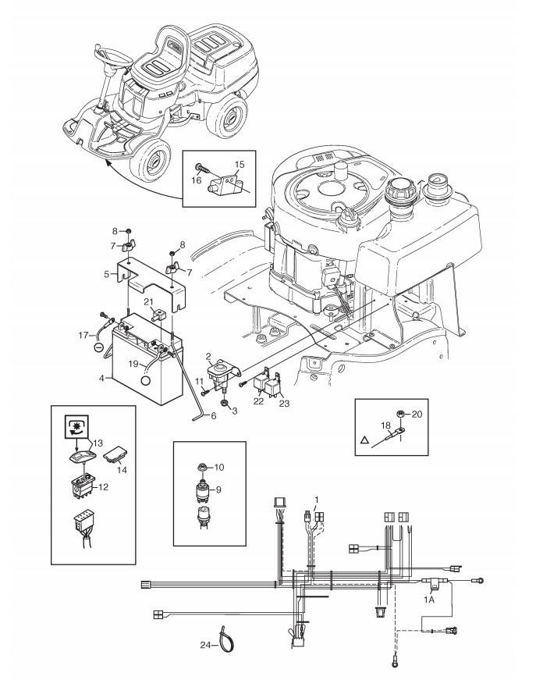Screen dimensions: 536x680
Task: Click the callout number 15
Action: [x=240, y=165]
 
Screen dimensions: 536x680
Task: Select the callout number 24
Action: [x=205, y=646]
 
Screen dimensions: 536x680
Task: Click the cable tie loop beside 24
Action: [x=225, y=639]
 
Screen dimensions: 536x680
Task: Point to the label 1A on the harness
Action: [x=429, y=600]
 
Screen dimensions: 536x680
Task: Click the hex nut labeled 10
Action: [x=201, y=467]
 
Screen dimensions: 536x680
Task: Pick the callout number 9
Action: [x=218, y=490]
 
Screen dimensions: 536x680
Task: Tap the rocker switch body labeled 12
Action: [x=83, y=486]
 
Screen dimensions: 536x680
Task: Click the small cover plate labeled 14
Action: [x=115, y=455]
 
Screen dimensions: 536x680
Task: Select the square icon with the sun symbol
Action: [x=76, y=427]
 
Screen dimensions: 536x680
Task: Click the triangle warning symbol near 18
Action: [x=364, y=440]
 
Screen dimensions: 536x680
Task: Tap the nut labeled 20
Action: [x=401, y=414]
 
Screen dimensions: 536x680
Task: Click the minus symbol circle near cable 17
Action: [x=99, y=347]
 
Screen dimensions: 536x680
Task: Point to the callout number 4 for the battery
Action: [x=102, y=378]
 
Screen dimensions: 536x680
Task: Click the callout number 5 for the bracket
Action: [x=107, y=275]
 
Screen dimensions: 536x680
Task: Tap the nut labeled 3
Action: [x=225, y=403]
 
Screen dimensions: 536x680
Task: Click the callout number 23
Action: [x=284, y=404]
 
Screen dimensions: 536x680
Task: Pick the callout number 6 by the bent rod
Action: [x=214, y=415]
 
